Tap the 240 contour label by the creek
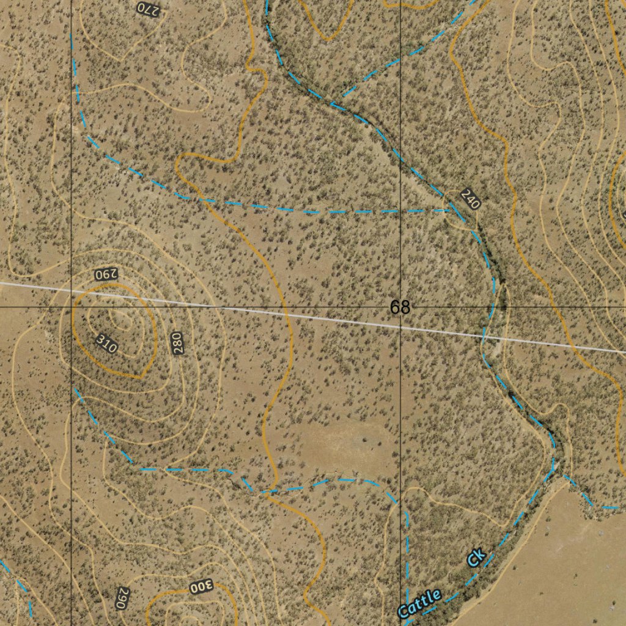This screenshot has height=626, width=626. click(x=471, y=199)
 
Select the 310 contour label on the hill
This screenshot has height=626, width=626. click(x=106, y=344)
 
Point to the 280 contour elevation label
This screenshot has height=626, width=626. click(x=177, y=343)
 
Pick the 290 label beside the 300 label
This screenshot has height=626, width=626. click(x=122, y=598)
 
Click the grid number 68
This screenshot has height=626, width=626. click(x=400, y=307)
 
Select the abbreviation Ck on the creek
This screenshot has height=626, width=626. click(x=476, y=557)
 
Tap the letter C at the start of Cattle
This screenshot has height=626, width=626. click(x=404, y=610)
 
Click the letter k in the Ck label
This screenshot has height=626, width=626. click(x=480, y=553)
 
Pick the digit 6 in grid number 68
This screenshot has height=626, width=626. click(x=396, y=307)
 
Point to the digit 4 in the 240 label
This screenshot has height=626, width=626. click(x=471, y=199)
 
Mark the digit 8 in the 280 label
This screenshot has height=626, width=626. click(x=177, y=343)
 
